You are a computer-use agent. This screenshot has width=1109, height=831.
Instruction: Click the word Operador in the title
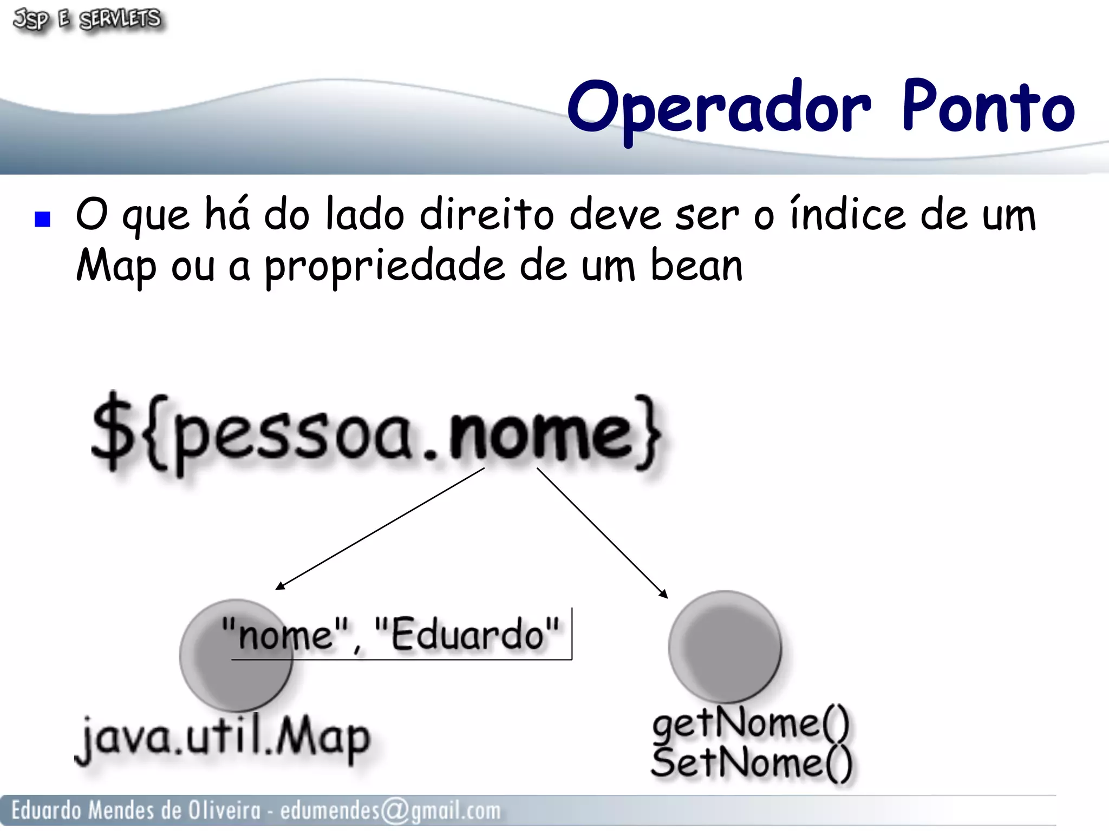(x=719, y=108)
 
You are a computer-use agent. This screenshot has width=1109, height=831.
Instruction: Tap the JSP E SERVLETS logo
(x=87, y=20)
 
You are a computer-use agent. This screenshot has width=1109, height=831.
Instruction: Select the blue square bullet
(x=42, y=219)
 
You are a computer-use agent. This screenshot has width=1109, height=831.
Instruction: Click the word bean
(x=696, y=266)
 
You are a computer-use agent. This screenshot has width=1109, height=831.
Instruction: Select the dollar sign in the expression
(x=112, y=433)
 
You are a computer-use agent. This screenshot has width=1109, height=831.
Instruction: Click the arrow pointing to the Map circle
(x=379, y=529)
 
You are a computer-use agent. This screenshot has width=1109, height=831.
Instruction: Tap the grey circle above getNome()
(x=725, y=646)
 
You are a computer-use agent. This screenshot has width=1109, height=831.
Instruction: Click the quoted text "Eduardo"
(x=467, y=634)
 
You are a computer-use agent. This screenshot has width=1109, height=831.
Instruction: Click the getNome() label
(x=751, y=723)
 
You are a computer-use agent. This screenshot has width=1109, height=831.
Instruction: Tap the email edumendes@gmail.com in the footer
(x=390, y=810)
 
